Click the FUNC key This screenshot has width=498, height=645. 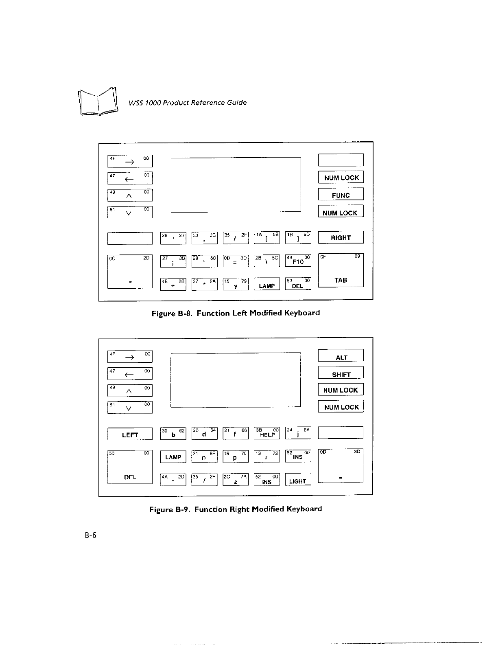coord(341,195)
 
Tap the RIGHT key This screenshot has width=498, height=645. coord(341,237)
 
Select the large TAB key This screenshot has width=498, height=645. coord(341,270)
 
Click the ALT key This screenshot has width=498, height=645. coord(341,356)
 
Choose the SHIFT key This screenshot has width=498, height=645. coord(341,373)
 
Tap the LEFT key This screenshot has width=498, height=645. coord(130,434)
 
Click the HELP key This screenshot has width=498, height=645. coord(267,433)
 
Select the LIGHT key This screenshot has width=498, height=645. coord(298,480)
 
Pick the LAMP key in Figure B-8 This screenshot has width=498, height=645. coord(267,284)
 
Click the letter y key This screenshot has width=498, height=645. coord(236,284)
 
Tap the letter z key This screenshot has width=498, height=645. coord(236,480)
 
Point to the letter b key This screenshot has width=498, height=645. coord(173,433)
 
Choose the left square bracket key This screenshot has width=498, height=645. coord(267,237)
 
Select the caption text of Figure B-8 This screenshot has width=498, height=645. coord(236,313)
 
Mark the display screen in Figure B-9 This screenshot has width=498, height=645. coord(236,380)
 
